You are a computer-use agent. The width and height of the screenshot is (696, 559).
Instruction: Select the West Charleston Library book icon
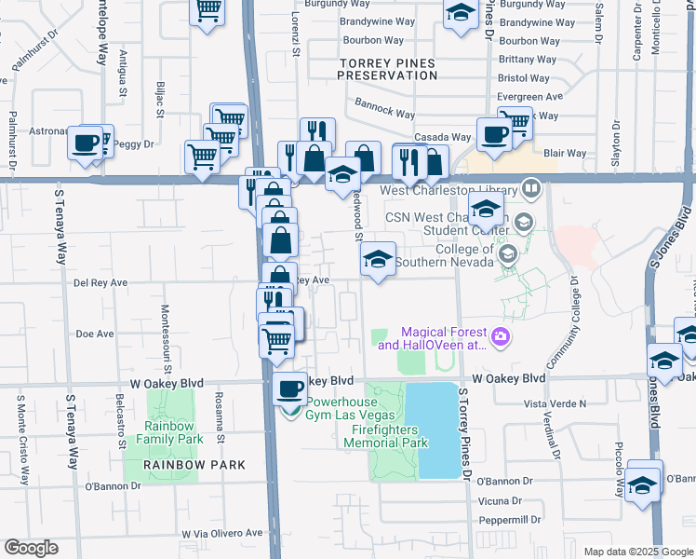coord(531,190)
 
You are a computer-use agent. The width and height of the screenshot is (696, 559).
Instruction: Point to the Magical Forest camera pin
coord(502,336)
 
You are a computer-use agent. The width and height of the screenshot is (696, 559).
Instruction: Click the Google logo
coord(31,548)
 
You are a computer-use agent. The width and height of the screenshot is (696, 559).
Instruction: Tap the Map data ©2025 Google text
coord(636,552)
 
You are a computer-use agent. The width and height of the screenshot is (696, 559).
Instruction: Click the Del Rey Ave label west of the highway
coord(100,282)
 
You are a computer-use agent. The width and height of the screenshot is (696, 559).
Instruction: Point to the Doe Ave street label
coord(94,333)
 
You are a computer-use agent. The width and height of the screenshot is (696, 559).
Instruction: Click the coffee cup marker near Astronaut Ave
coord(85,143)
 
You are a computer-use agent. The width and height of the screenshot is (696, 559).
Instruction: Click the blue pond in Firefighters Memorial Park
coord(438,429)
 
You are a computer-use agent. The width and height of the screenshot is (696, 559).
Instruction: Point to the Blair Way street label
coord(565,154)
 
